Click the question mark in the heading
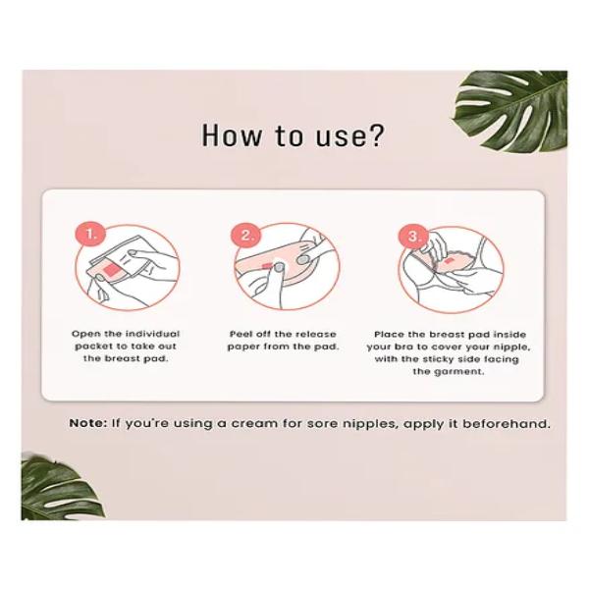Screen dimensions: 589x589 [x=376, y=135]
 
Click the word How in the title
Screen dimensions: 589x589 [x=231, y=135]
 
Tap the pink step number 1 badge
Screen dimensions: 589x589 [x=90, y=234]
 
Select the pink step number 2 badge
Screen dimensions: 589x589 [x=245, y=236]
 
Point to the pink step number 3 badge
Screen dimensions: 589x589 [x=412, y=237]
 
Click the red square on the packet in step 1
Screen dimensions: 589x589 [x=111, y=270]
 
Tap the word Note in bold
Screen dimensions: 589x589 [x=88, y=424]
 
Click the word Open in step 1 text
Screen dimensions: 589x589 [x=85, y=335]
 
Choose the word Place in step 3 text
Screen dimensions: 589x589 [x=389, y=335]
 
